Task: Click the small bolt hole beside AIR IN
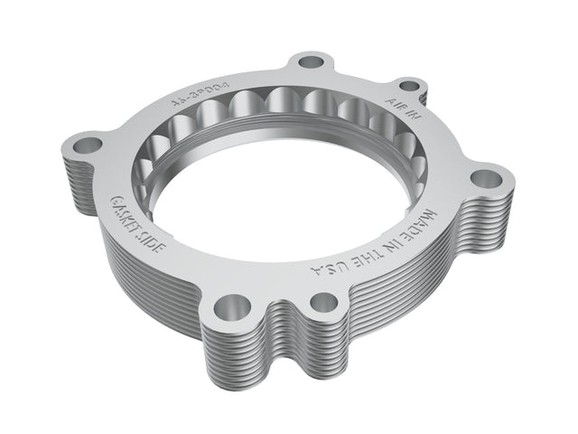point(408,87)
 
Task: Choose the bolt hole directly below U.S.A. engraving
point(323,302)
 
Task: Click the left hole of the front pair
point(232,304)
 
